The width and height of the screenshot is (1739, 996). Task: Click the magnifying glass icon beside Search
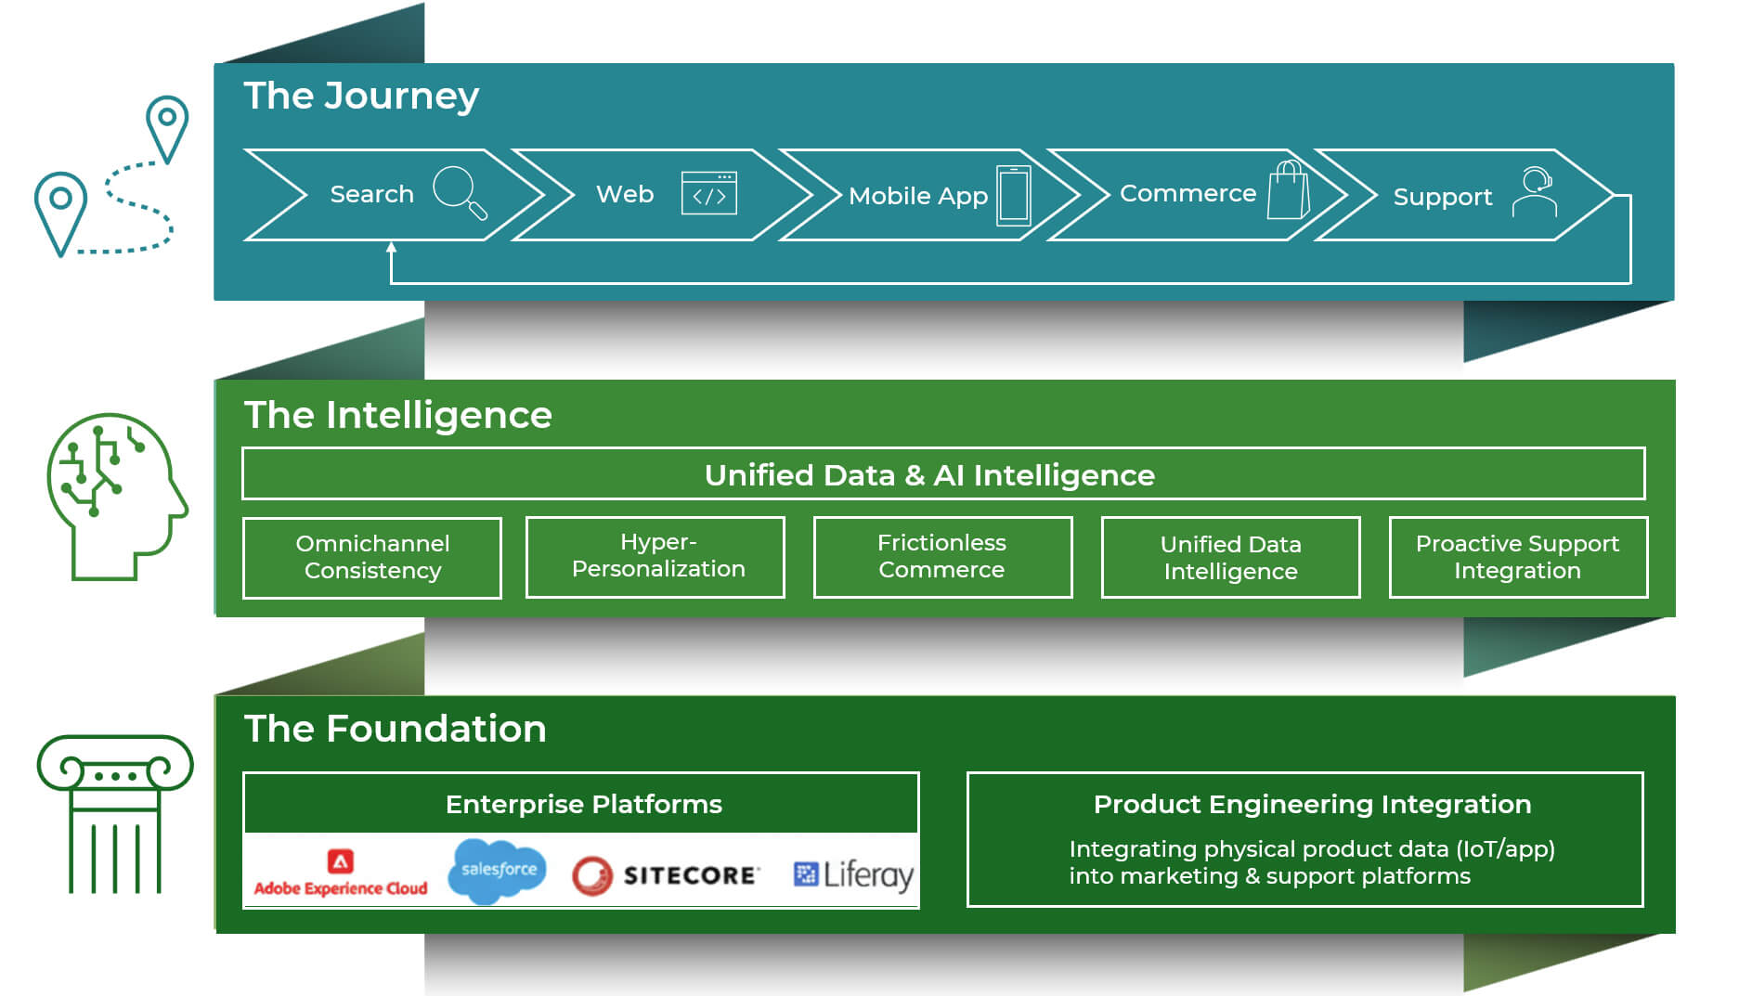click(x=460, y=192)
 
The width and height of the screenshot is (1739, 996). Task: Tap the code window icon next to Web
click(x=708, y=193)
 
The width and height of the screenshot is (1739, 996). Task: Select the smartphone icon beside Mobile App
click(x=1013, y=195)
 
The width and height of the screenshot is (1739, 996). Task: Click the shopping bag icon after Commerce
click(x=1289, y=190)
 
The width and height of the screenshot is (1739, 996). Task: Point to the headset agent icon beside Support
click(x=1535, y=192)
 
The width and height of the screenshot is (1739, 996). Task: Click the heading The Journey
click(x=361, y=96)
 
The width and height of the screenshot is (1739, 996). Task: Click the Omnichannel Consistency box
click(x=372, y=557)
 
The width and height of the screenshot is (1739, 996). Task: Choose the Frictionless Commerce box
click(x=942, y=556)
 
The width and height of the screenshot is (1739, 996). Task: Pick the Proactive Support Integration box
click(x=1517, y=557)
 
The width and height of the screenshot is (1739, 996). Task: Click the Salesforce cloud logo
click(x=498, y=871)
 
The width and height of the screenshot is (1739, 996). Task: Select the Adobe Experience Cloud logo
click(x=341, y=873)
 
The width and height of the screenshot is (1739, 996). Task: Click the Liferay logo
click(x=853, y=874)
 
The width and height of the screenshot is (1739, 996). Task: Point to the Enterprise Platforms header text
click(x=583, y=804)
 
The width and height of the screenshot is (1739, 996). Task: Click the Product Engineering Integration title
click(x=1312, y=804)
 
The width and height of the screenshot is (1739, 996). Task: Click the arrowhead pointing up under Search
click(x=391, y=247)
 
